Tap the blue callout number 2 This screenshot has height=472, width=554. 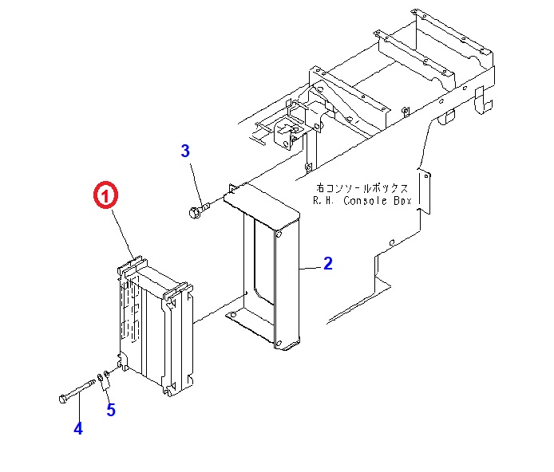click(x=327, y=264)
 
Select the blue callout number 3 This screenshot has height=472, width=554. click(x=185, y=151)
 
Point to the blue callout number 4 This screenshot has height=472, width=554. click(x=78, y=428)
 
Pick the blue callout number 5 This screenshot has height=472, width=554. click(x=111, y=411)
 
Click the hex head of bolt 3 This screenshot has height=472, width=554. click(x=193, y=212)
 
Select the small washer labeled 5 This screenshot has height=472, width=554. click(x=100, y=377)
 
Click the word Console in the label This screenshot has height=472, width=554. click(x=363, y=202)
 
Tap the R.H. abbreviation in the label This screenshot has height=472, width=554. click(x=325, y=202)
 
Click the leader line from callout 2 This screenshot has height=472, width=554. click(x=311, y=267)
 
